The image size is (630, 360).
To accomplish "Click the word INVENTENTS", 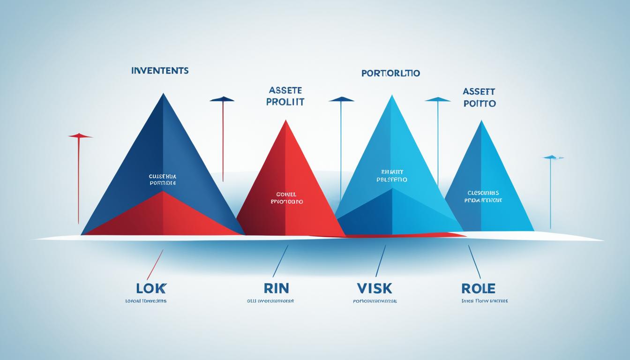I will [160, 71].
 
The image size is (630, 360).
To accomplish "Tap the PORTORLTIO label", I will [390, 73].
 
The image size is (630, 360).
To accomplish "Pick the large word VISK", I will [375, 288].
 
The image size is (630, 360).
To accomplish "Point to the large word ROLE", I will [478, 288].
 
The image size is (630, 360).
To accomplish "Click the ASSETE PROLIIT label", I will [285, 96].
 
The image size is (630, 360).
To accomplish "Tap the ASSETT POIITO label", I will [479, 97].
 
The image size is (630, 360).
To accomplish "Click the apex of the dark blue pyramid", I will [163, 94].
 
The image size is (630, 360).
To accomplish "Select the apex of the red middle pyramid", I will [285, 120].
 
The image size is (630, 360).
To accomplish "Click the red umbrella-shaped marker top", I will [80, 136].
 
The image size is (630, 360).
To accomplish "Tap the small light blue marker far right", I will [553, 157].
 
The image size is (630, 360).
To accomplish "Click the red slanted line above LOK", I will [155, 264].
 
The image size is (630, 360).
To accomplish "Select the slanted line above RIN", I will [280, 262].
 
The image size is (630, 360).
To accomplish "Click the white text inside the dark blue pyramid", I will [162, 180].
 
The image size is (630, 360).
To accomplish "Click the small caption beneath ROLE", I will [484, 301].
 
